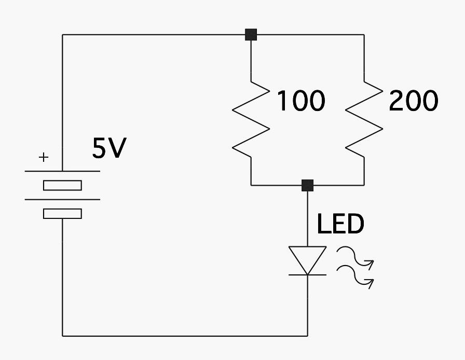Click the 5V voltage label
109,149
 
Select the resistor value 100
300,101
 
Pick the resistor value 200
413,101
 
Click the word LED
340,225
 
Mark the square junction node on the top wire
251,35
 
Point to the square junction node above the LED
308,185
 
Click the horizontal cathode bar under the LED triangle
308,275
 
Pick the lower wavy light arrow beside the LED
356,278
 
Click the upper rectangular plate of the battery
62,185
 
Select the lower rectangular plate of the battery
62,213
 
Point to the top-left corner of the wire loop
63,35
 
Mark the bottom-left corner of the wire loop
63,336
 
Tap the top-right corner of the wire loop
364,35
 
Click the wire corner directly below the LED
308,336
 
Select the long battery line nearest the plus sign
62,171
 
